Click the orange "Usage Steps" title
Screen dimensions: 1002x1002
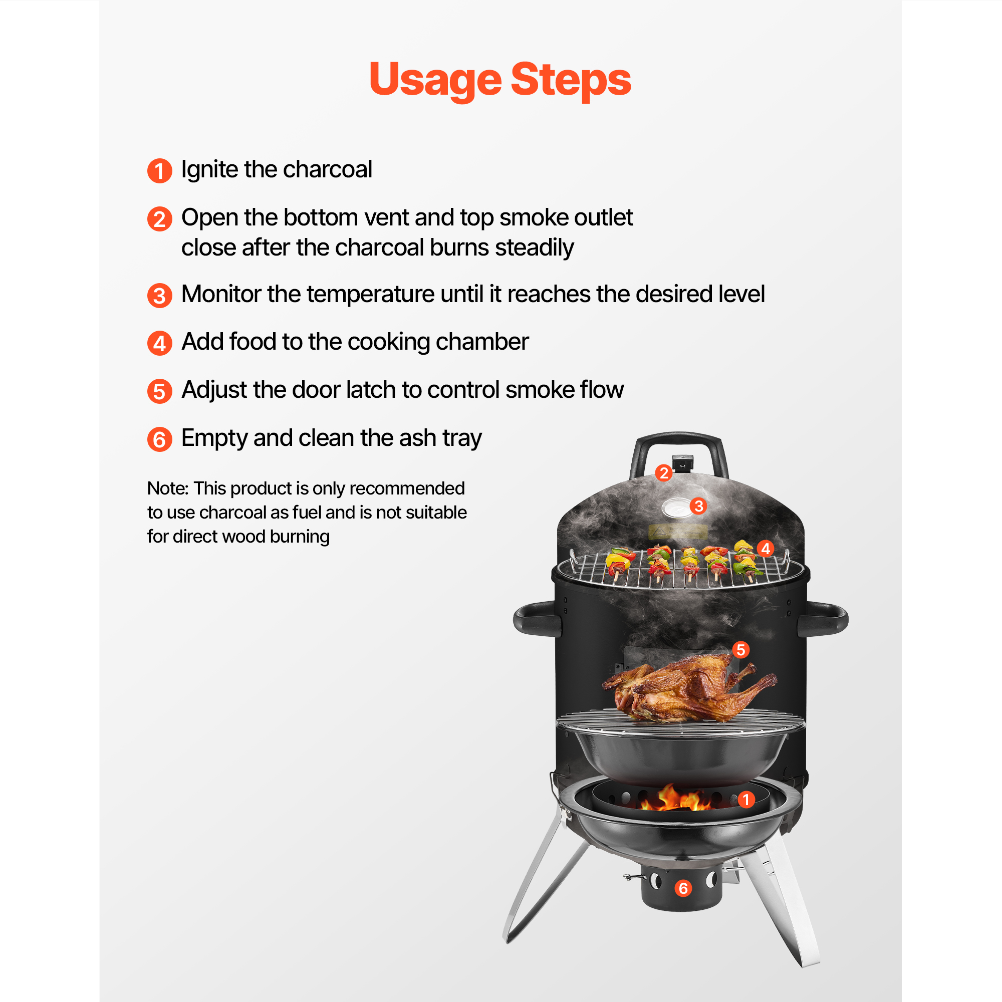[500, 80]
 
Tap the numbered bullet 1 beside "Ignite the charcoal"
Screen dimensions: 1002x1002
[160, 171]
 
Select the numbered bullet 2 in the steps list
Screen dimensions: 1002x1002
[160, 219]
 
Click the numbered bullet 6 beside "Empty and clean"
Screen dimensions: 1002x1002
[160, 439]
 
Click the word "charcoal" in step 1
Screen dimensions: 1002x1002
[327, 170]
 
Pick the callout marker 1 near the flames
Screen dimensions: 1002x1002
[746, 800]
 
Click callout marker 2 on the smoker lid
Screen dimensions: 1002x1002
[663, 473]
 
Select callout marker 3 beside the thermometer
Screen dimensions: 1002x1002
[698, 506]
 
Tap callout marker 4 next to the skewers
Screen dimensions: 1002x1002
[766, 548]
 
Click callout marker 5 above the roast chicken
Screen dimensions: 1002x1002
[740, 649]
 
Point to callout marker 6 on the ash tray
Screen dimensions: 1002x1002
[683, 888]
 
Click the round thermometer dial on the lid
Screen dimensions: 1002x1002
[676, 507]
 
